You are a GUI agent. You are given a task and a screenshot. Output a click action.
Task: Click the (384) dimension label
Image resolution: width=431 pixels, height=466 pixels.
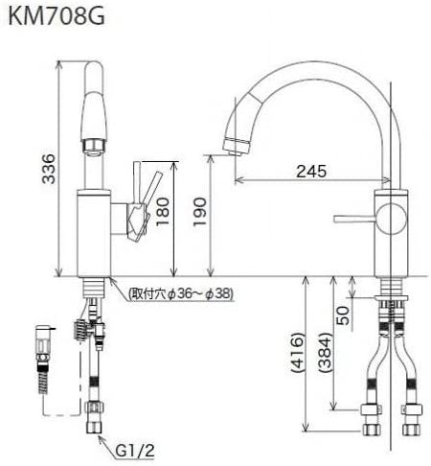coord(327,362)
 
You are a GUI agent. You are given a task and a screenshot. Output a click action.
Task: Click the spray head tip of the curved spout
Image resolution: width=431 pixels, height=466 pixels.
coord(232,146)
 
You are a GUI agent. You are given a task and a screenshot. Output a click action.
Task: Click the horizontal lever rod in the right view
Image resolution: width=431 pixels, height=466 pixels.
coord(355,221)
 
